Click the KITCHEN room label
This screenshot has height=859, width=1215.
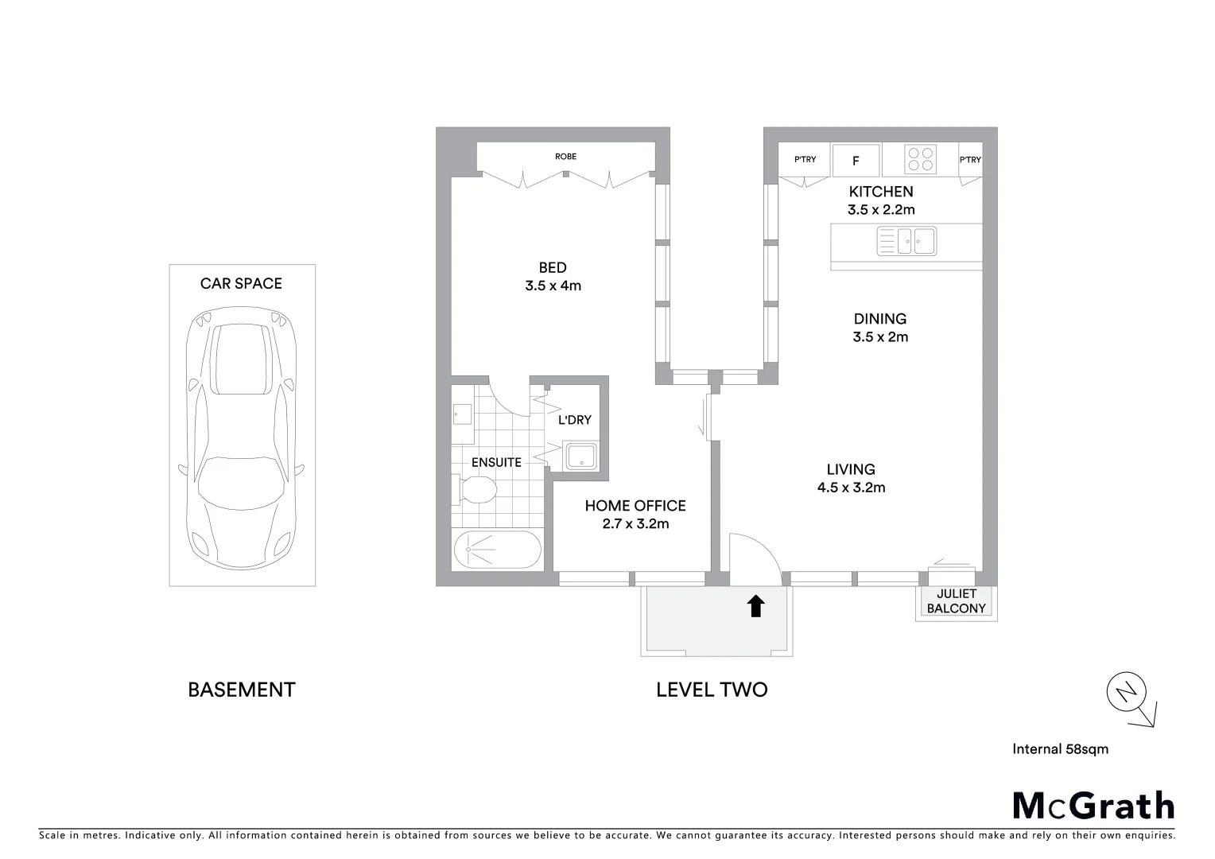point(880,192)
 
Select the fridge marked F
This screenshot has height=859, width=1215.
point(856,161)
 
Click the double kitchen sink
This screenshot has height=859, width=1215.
point(906,240)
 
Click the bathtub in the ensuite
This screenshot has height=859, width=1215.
point(497,549)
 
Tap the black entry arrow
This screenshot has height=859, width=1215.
point(755,606)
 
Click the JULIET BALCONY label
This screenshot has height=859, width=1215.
point(956,601)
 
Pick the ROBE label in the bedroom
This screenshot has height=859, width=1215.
point(565,157)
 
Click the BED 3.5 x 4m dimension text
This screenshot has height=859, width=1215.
point(553,286)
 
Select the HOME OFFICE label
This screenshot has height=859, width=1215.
point(635,506)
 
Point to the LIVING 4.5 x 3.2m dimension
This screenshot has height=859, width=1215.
point(851,488)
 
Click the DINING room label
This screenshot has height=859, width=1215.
point(879,319)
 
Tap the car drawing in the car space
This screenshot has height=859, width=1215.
point(242,437)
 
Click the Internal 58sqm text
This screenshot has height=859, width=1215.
point(1060,748)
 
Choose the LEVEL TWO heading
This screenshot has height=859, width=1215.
point(712,690)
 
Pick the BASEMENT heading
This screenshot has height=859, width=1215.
point(241,690)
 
